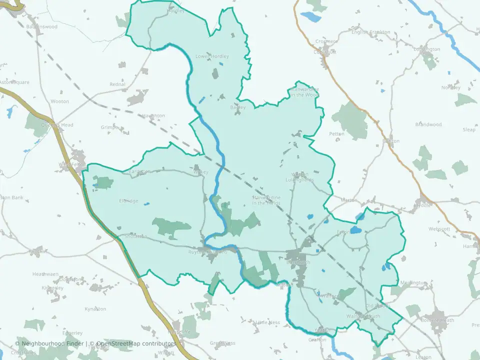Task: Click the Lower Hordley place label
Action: [x=212, y=56]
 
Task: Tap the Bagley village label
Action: [x=237, y=107]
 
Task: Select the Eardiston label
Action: [x=139, y=171]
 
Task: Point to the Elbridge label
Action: [x=128, y=201]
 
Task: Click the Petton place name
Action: [x=336, y=134]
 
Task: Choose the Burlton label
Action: [x=390, y=141]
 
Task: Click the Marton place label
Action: [x=348, y=200]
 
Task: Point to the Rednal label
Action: [x=117, y=84]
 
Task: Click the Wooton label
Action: [x=59, y=101]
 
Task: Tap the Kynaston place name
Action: [x=95, y=309]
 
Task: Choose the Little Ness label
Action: [x=267, y=322]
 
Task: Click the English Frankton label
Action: [x=370, y=32]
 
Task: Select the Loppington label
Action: [x=427, y=49]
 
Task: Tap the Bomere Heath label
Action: [x=437, y=320]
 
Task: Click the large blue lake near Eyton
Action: [x=355, y=230]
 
